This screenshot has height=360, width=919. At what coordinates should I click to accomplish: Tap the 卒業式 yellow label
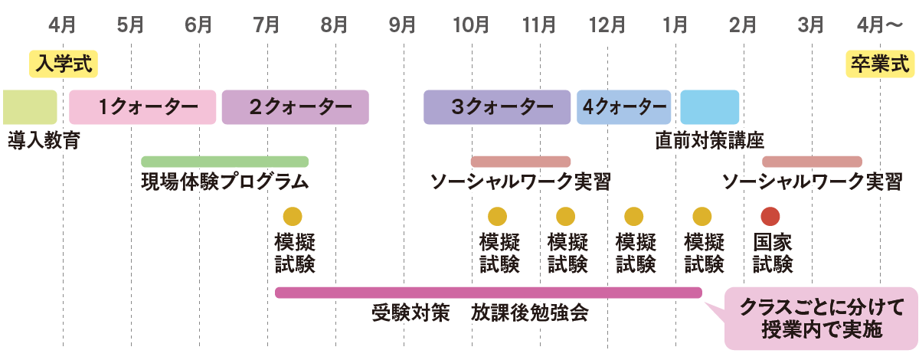pos(879,64)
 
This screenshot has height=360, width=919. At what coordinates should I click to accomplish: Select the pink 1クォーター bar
pos(143,107)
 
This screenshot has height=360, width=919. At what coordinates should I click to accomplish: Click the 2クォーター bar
pos(295,107)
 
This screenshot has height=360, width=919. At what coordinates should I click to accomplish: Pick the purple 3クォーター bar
pos(497,107)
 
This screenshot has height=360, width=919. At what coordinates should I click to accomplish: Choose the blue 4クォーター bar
pos(624,107)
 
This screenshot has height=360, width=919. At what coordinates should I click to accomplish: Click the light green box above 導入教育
pos(30,107)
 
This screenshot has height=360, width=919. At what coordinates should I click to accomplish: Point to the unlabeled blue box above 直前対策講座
pos(710,107)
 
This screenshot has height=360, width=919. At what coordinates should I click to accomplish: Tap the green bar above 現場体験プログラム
pos(224,162)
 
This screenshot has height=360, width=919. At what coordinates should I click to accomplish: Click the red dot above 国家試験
pos(770,217)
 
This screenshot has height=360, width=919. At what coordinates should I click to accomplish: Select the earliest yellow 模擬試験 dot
pos(293,217)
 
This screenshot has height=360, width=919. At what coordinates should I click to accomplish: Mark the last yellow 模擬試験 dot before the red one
pos(702,217)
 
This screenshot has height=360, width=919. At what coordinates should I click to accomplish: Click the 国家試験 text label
pos(772,254)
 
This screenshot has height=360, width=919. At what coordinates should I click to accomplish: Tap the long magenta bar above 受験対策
pos(488,293)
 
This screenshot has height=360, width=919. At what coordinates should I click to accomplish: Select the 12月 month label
pos(607,25)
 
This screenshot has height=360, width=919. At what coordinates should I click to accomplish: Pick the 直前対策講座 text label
pos(710,141)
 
